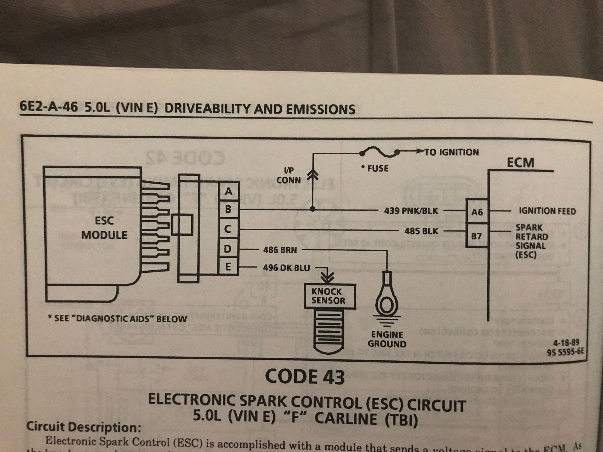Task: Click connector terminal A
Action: coord(229,191)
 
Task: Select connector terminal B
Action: coord(229,209)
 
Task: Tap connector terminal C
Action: coord(228,229)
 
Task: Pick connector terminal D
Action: coord(228,249)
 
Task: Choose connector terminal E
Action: coord(228,267)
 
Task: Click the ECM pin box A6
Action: coord(477,212)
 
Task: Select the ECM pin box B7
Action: coord(476,236)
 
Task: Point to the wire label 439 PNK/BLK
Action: coord(411,211)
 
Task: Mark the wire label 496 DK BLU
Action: coord(286,268)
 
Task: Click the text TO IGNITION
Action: coord(451,152)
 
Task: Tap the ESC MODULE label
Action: coord(104,228)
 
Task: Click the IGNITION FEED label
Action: coord(547,211)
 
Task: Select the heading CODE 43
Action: coord(305,377)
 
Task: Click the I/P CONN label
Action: coord(289,176)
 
